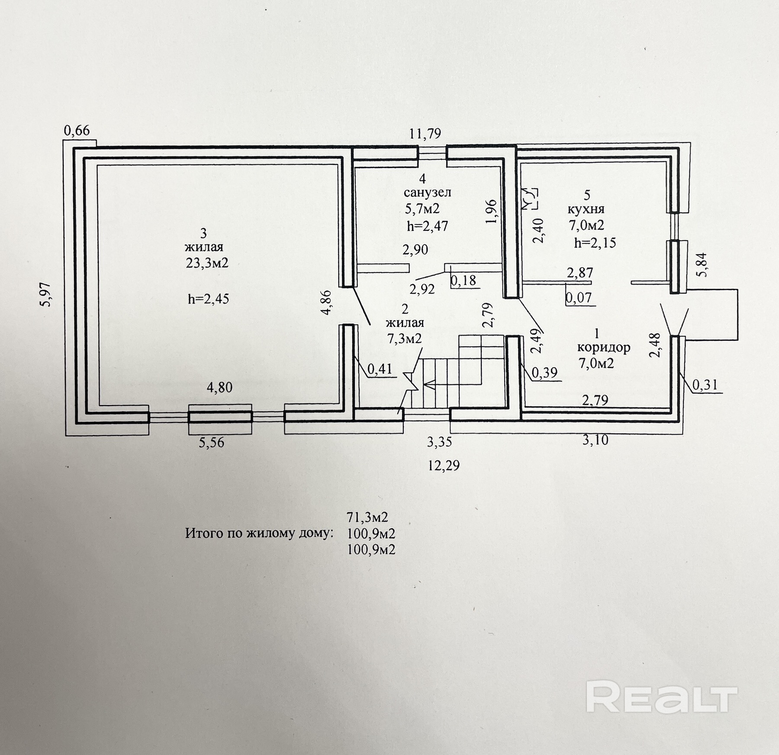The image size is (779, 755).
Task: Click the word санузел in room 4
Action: point(427,192)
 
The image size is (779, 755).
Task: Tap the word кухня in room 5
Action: point(586,209)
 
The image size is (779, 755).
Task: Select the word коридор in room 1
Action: point(603,347)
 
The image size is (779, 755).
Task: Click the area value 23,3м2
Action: point(207,263)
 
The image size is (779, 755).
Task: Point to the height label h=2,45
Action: point(208,299)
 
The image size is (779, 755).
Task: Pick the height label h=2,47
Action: point(427,226)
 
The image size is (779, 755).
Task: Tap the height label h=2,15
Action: point(595,243)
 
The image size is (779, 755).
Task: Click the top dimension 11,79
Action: point(425,134)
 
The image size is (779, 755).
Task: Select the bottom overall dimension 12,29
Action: point(444,465)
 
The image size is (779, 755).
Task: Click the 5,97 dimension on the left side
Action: point(46,294)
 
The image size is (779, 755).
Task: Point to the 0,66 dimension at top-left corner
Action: point(77,130)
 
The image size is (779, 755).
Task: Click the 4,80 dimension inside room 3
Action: point(219,387)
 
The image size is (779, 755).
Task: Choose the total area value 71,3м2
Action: point(367,517)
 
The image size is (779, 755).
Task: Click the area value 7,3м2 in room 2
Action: point(404,339)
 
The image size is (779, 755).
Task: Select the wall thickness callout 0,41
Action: point(380,369)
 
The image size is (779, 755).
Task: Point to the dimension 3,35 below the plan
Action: point(439,442)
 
